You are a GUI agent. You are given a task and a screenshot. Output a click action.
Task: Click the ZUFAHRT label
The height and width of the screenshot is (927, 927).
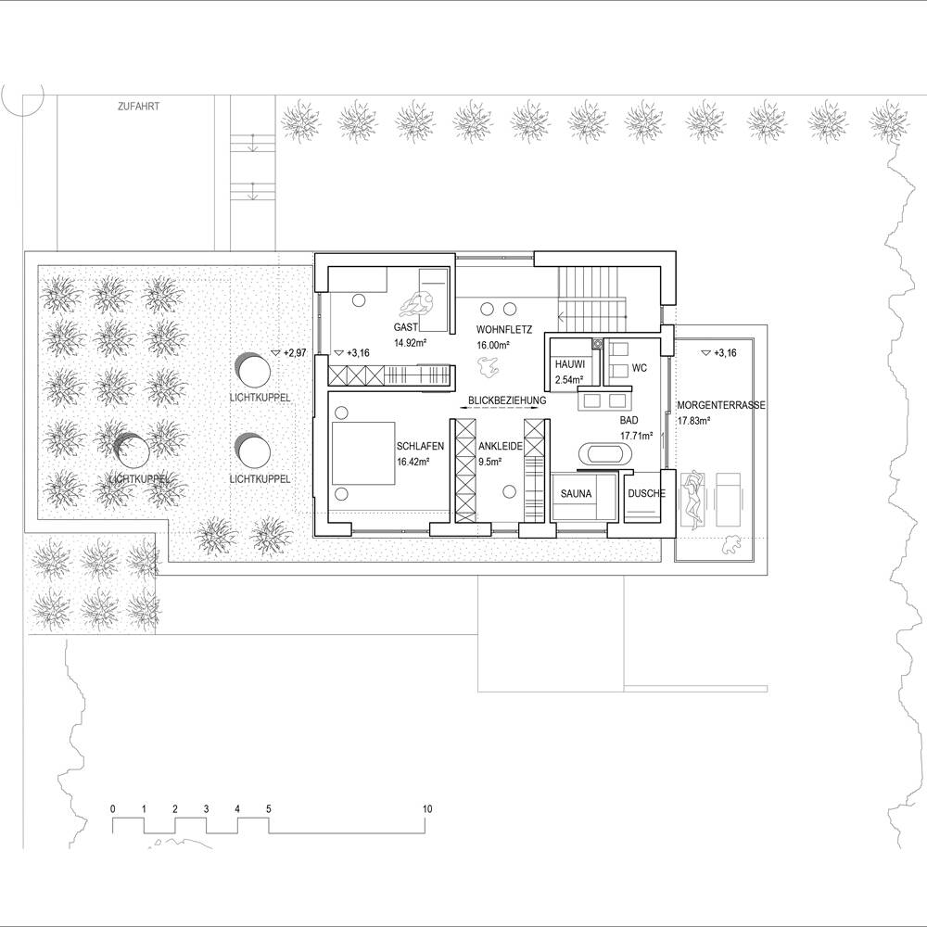(138, 107)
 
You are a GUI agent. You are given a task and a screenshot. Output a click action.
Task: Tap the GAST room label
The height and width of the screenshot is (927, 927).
(406, 327)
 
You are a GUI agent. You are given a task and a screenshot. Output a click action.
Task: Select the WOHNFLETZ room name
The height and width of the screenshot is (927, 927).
(504, 330)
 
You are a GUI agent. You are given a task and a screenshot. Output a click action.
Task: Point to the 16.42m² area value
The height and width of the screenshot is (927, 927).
(413, 462)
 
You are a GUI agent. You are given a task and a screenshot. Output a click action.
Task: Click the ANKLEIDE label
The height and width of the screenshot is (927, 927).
(501, 447)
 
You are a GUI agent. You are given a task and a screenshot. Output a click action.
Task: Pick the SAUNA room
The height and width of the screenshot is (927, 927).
(576, 494)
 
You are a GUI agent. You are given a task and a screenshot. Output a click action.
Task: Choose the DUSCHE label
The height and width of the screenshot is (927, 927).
(646, 494)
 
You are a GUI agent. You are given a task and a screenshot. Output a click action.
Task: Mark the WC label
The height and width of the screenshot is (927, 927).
(639, 368)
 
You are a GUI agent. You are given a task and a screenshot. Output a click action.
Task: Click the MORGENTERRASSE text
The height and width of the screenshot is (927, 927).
(721, 406)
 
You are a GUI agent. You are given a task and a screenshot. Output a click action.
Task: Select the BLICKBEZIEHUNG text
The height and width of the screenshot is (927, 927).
(507, 400)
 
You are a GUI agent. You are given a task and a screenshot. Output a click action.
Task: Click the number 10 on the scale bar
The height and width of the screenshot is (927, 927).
(426, 808)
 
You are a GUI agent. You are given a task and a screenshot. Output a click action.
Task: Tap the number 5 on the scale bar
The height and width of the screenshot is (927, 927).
(269, 808)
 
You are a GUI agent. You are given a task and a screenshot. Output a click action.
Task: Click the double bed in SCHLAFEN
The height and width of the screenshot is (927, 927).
(363, 453)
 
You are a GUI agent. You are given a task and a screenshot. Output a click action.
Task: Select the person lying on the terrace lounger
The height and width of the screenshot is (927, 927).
(692, 497)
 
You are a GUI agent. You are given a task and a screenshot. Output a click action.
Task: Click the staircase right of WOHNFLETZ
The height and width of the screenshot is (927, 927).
(592, 299)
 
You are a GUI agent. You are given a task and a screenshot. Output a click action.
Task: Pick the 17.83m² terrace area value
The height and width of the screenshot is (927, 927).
(693, 421)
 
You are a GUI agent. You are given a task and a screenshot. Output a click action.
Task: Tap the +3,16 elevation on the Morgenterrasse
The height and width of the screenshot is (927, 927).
(719, 353)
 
